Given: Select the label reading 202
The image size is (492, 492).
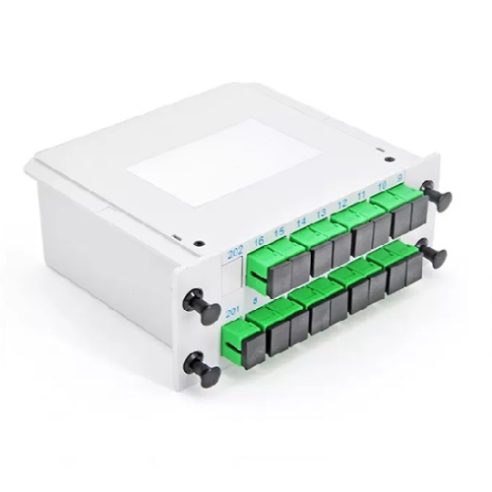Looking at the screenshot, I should coord(234,253).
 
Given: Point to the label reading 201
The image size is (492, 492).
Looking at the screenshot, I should coord(232,314).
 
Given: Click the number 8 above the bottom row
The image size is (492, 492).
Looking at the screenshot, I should coord(256,303).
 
